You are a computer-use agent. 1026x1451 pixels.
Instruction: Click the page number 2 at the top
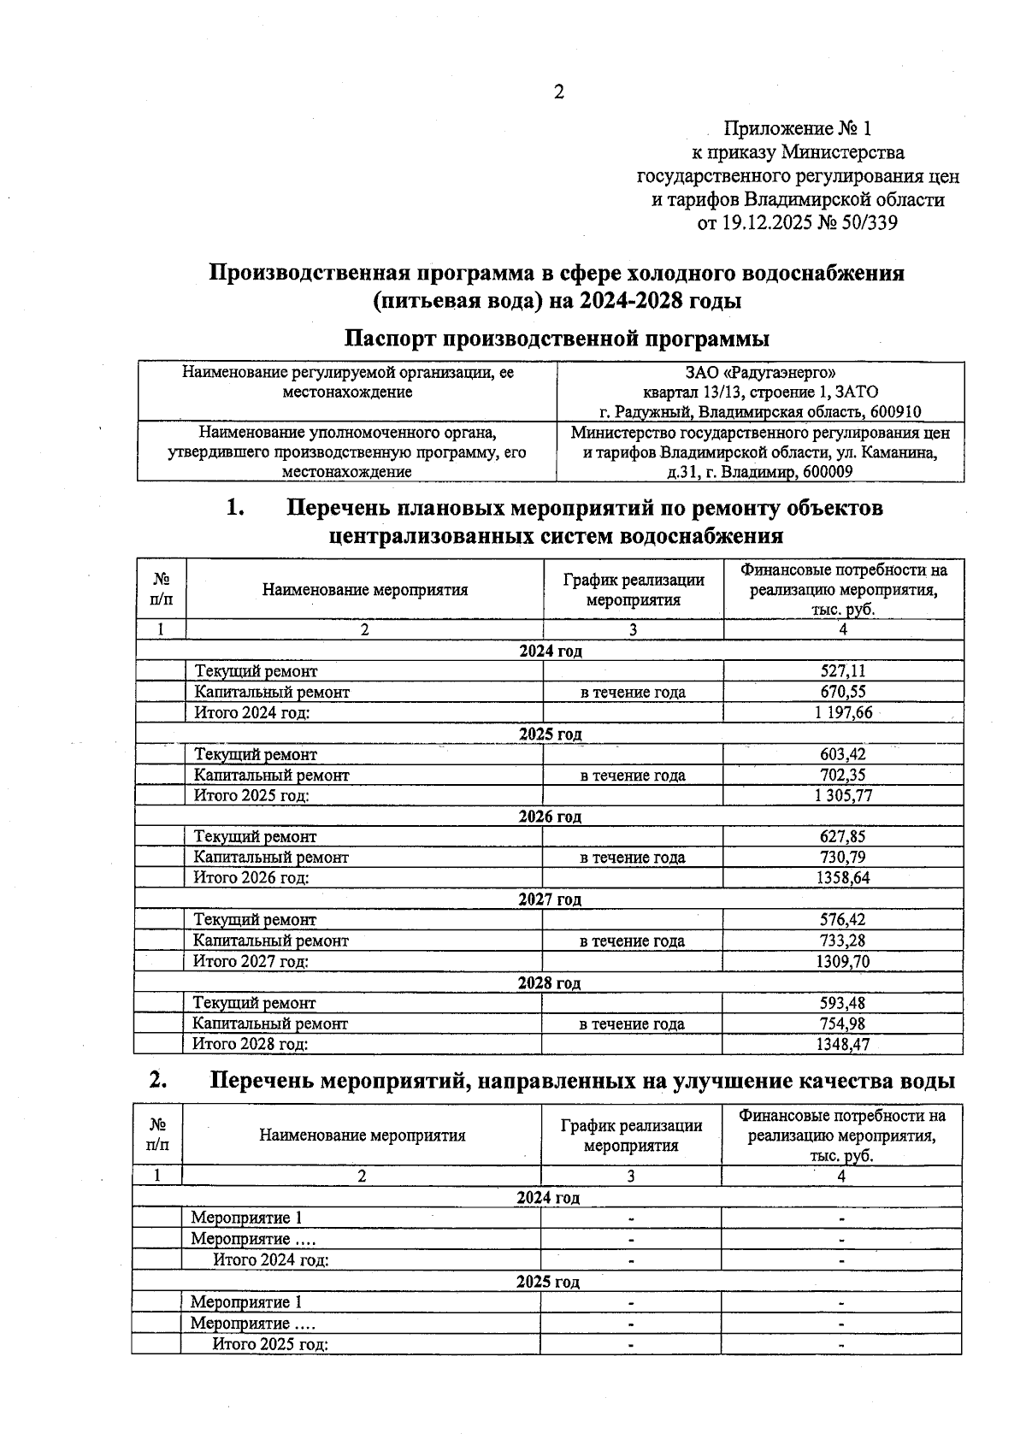(x=559, y=92)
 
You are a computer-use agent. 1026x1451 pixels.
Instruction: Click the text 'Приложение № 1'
(x=797, y=129)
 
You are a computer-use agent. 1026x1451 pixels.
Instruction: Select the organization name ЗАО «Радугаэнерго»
(x=760, y=373)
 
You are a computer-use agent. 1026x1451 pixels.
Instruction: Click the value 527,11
(x=842, y=672)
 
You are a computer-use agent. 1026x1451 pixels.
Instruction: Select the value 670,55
(x=842, y=693)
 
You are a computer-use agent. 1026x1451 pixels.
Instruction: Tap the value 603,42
(x=842, y=755)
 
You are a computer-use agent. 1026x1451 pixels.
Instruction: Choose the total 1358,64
(x=842, y=878)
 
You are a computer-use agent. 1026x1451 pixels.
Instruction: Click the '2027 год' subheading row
(x=550, y=900)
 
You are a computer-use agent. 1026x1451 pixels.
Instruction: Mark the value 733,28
(x=842, y=941)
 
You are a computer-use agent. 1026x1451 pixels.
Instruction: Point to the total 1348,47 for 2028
(x=842, y=1044)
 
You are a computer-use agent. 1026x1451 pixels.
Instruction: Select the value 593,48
(x=842, y=1003)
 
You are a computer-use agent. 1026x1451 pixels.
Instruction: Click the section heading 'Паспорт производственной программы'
(x=557, y=339)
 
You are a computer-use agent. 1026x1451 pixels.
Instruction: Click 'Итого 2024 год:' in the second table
(x=271, y=1259)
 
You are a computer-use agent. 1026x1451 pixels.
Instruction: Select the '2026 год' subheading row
(x=550, y=817)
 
